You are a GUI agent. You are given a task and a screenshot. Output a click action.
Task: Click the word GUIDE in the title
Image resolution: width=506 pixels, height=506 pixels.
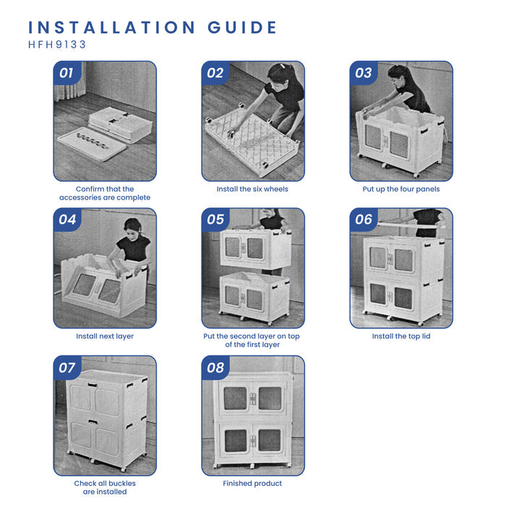(242, 27)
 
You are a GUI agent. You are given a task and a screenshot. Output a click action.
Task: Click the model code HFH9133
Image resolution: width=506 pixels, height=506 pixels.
(57, 45)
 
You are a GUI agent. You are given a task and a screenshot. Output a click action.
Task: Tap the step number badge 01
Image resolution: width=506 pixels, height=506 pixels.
(67, 73)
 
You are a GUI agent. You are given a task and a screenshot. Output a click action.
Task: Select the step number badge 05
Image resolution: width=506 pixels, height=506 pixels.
(215, 220)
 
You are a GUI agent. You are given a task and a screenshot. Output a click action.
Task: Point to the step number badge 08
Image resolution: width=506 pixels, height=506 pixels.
(215, 367)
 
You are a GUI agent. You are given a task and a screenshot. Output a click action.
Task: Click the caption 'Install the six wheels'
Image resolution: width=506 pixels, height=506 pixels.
(252, 189)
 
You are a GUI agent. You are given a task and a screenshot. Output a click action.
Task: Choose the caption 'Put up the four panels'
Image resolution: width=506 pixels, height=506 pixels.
(401, 189)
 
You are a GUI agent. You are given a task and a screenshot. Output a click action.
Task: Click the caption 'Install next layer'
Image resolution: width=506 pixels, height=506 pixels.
(105, 336)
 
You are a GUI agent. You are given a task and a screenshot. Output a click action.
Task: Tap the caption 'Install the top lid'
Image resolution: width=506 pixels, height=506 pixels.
(401, 336)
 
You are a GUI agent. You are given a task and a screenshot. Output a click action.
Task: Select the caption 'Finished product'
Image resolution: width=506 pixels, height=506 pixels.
(252, 484)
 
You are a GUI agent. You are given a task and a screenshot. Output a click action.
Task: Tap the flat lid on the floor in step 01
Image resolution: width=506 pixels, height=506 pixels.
(92, 144)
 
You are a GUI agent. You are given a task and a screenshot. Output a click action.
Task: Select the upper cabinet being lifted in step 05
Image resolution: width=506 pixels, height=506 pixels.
(256, 248)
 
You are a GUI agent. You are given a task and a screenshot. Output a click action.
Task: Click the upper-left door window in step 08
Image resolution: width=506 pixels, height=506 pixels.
(235, 398)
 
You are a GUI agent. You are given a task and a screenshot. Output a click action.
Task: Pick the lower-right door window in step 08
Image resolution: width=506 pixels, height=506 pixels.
(270, 440)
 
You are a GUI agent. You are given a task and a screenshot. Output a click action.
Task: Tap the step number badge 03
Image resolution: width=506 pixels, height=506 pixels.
(364, 73)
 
